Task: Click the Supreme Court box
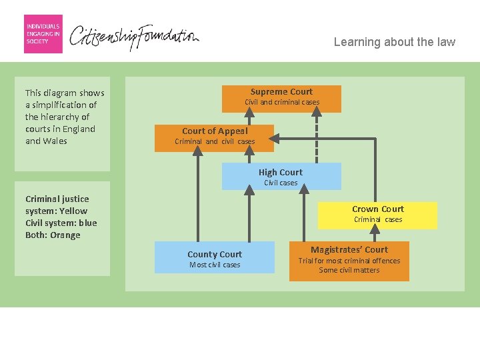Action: coord(281,99)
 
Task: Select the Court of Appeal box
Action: coord(214,138)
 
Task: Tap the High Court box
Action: coord(281,176)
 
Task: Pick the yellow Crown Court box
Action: coord(377,215)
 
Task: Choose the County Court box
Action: coord(214,257)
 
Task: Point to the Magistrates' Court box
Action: coord(349,261)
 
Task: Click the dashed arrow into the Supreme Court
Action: coord(317,135)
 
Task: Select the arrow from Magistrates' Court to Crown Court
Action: coord(375,233)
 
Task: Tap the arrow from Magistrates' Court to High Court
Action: coord(304,213)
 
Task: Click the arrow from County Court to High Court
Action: coord(249,214)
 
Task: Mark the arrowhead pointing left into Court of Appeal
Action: coord(274,139)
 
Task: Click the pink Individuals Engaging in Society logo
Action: coord(43,34)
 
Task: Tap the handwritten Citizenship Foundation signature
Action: coord(134,37)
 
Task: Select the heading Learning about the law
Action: coord(395,42)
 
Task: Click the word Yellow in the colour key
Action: coord(73,211)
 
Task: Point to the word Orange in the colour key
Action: coord(65,235)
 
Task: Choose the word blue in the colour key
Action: coord(88,223)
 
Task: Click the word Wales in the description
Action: coord(55,141)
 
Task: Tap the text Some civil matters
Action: coord(349,270)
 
